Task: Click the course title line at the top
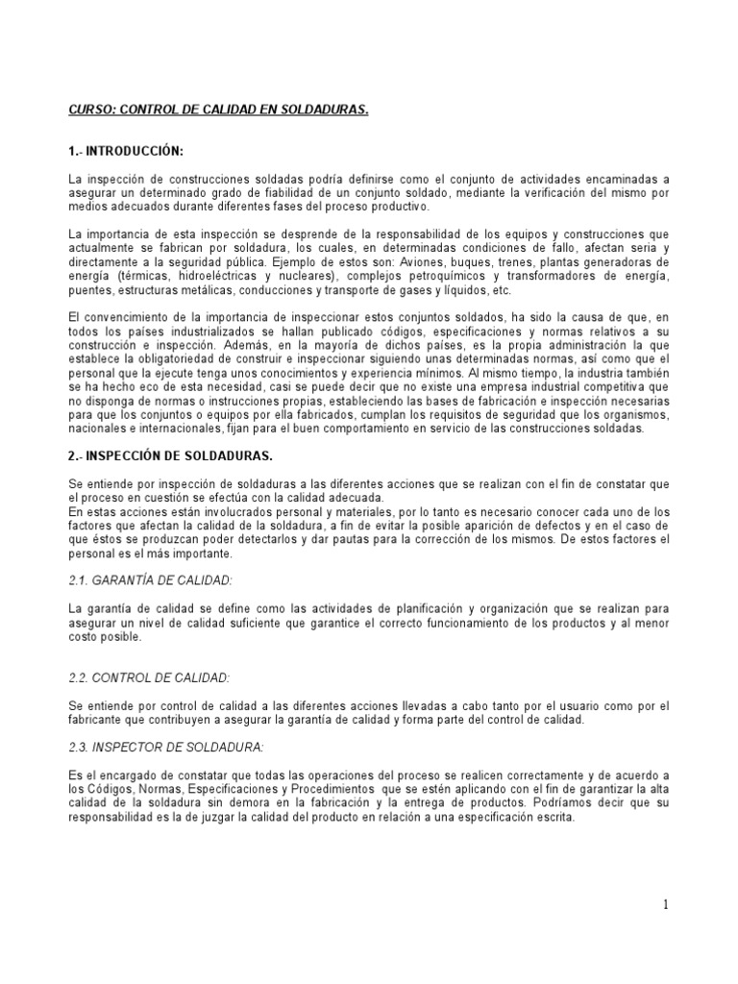click(218, 111)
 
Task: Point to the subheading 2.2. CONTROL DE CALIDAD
click(149, 677)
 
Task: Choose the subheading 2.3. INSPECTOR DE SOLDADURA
click(166, 747)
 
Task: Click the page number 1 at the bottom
click(664, 904)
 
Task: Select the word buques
click(480, 262)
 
